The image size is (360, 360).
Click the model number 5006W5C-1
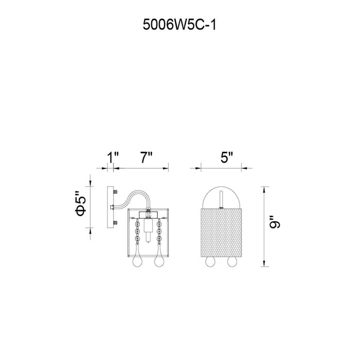click(179, 25)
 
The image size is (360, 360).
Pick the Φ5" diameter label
click(81, 204)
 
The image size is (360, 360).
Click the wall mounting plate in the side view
click(111, 207)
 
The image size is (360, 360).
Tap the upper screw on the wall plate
click(116, 191)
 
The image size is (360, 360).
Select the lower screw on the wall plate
click(116, 223)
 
